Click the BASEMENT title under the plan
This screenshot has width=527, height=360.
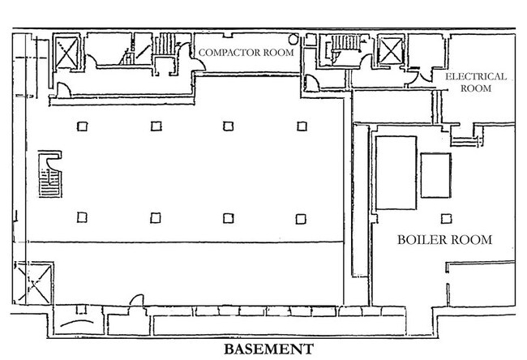(x=268, y=349)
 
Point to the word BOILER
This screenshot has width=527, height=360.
(x=422, y=240)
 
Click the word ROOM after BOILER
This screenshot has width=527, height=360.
(x=471, y=240)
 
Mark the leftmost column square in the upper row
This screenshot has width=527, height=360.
(x=82, y=125)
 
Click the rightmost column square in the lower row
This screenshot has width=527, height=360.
(x=301, y=217)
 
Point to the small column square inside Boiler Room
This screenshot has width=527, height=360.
(x=443, y=217)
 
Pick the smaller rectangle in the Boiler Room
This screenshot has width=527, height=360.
(x=435, y=174)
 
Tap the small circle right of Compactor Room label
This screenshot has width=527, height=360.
(x=293, y=39)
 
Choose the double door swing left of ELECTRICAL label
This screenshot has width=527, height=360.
(x=419, y=75)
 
